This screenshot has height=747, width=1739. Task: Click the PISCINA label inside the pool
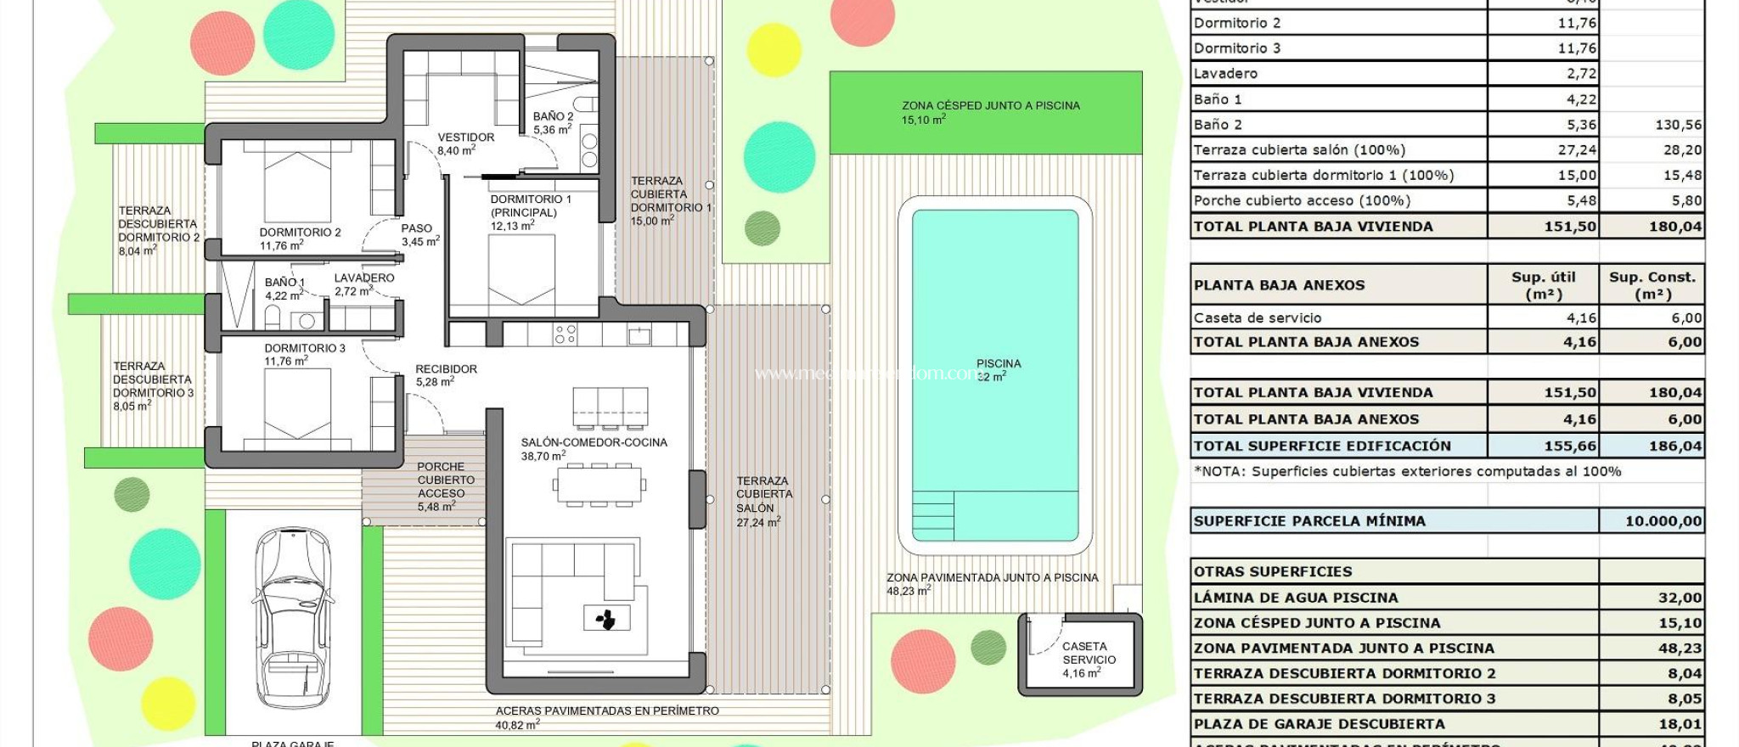(998, 364)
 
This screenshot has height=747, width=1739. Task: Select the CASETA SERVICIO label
(1088, 653)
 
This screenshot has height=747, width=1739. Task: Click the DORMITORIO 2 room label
(300, 233)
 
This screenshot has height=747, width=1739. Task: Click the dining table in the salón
(599, 485)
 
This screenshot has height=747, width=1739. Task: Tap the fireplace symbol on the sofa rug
(606, 619)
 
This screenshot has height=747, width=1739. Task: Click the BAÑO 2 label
(553, 117)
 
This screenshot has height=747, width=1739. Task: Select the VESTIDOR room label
(465, 138)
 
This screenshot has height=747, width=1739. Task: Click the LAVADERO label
(363, 278)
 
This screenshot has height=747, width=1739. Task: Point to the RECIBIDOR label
(446, 369)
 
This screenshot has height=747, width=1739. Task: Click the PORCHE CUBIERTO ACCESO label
(445, 480)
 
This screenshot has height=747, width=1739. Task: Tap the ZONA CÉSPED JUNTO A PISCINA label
(990, 106)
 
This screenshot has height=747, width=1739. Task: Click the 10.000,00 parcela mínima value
(1662, 521)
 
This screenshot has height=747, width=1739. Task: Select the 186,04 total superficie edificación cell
(1674, 446)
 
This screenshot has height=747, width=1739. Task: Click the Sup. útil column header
(1543, 285)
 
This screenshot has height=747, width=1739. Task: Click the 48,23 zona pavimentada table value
(1679, 649)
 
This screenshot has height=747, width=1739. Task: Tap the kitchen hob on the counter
(566, 334)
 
